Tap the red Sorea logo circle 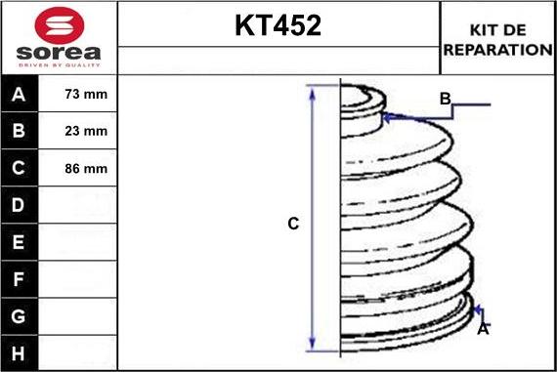tap(58, 23)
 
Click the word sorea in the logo tap(59, 52)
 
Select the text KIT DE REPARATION tap(497, 39)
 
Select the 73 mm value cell tap(85, 95)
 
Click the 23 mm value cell tap(85, 131)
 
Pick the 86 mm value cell tap(85, 168)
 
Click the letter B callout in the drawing tap(445, 99)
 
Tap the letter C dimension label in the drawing tap(292, 224)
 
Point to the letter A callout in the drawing tap(482, 330)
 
